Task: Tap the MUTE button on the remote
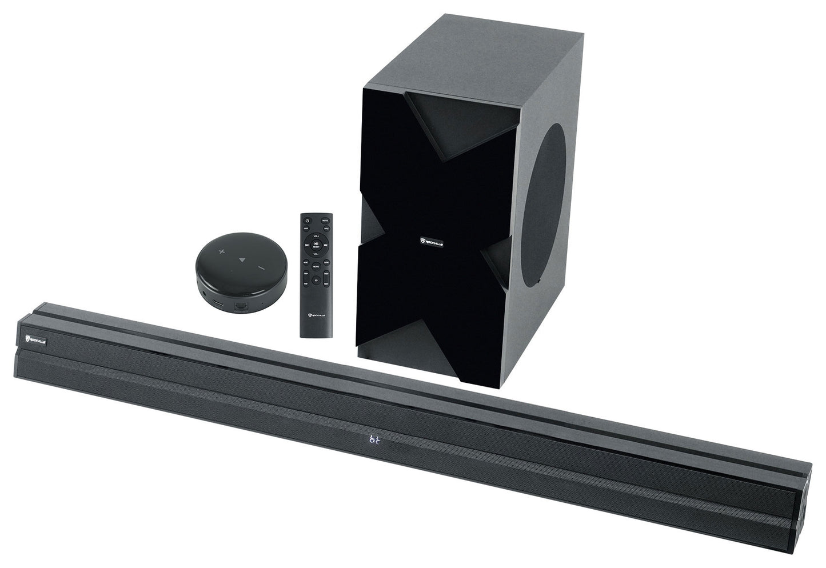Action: [x=325, y=221]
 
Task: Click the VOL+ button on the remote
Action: [x=316, y=236]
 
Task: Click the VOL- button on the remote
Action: [x=316, y=254]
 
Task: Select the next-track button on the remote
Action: [x=326, y=245]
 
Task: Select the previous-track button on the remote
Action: [x=307, y=245]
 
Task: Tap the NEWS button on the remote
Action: [x=316, y=266]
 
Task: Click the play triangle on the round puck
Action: [x=242, y=259]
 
